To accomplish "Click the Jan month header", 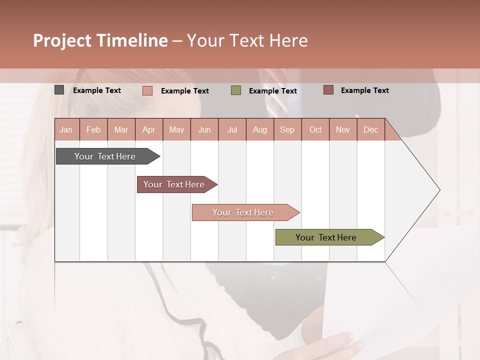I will (x=66, y=129).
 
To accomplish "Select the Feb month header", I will (x=93, y=129).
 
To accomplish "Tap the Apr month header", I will (x=148, y=129).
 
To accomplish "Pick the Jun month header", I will (x=204, y=129).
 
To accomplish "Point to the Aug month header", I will (x=260, y=129).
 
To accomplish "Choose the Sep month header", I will (x=287, y=129).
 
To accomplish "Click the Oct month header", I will (x=315, y=129).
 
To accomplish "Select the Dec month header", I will (x=370, y=129).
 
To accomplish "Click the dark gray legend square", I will (x=59, y=90).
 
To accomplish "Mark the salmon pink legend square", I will (x=147, y=90).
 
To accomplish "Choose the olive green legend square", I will (x=236, y=90).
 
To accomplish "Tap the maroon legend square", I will (x=328, y=90).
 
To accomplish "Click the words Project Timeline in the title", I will (x=100, y=40).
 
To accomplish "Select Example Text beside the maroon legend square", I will (x=364, y=90).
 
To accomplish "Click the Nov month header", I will (x=343, y=129).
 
